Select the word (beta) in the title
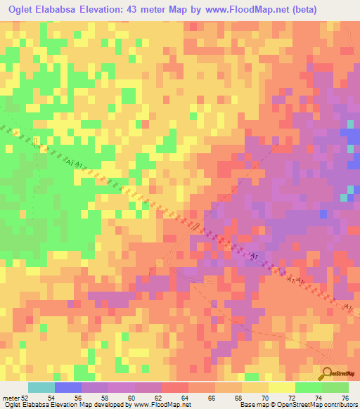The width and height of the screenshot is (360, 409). click(x=301, y=10)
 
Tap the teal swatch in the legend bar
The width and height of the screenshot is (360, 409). click(x=41, y=388)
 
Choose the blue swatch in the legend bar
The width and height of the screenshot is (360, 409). click(x=68, y=388)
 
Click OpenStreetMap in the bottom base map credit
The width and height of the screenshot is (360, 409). click(x=305, y=404)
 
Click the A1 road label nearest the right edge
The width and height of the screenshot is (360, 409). click(x=346, y=309)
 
